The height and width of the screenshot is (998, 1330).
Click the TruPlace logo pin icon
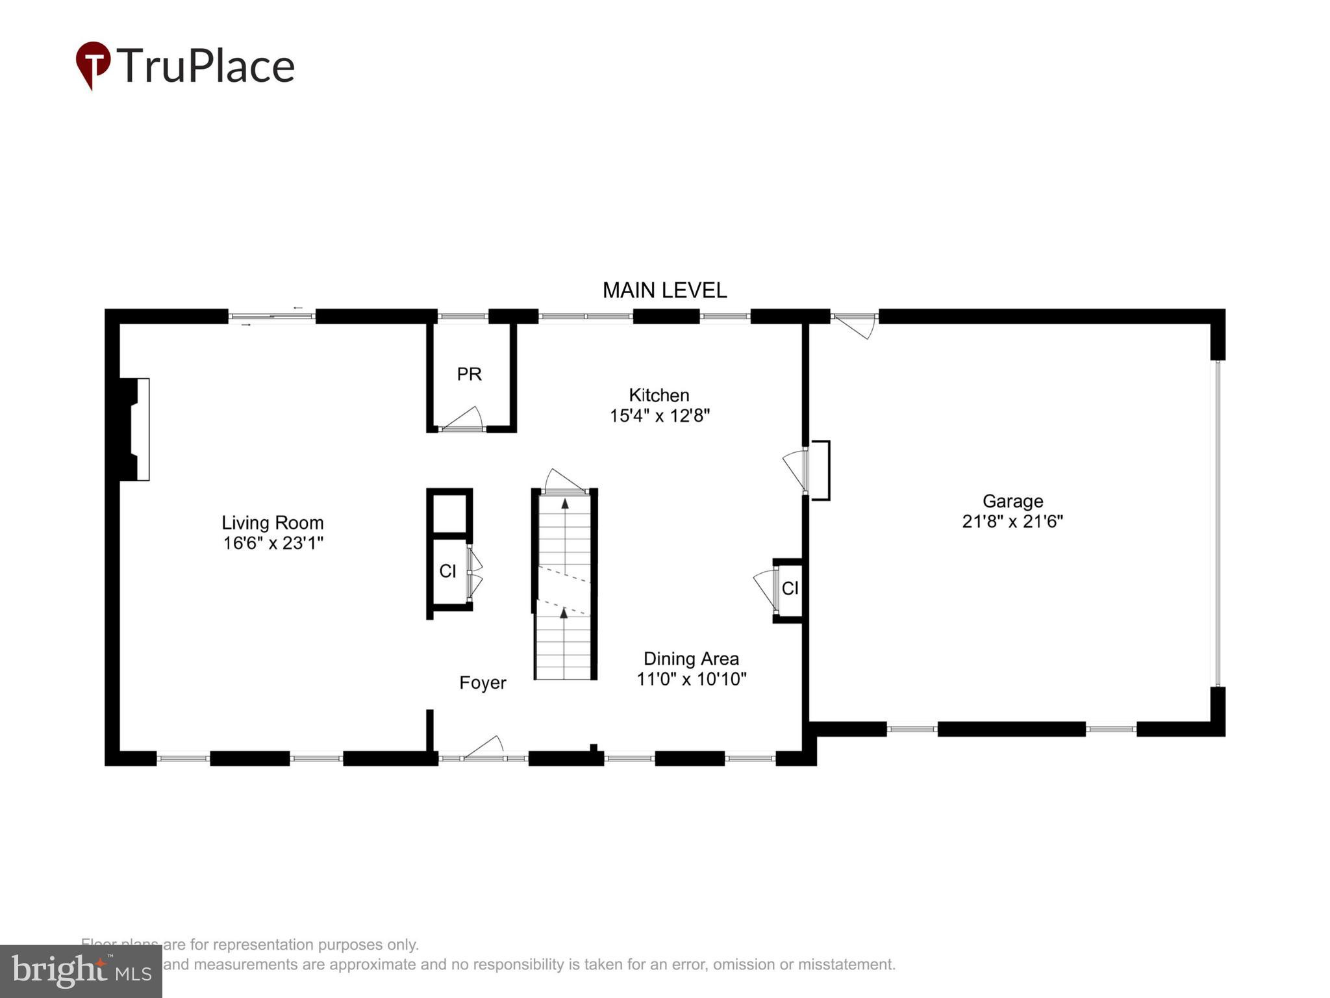click(x=94, y=64)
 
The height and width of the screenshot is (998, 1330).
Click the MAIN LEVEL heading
click(x=664, y=290)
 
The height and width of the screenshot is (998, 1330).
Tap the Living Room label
click(x=273, y=522)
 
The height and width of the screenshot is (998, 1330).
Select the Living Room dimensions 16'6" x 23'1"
click(x=273, y=543)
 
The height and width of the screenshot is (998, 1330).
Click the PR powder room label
click(x=469, y=374)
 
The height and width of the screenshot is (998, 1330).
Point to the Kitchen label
click(x=659, y=395)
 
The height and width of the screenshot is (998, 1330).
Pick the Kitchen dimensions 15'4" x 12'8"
click(x=659, y=416)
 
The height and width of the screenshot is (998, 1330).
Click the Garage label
click(x=1012, y=501)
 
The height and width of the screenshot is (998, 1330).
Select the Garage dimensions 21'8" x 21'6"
click(x=1012, y=522)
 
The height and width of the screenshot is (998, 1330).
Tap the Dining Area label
click(x=691, y=659)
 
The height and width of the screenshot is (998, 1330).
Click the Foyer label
click(x=483, y=683)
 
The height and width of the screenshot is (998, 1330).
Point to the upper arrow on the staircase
click(x=564, y=504)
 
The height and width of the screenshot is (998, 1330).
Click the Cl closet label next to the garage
click(x=790, y=589)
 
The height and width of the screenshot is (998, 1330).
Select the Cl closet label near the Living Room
click(x=447, y=571)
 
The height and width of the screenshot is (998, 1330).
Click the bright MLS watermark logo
click(x=81, y=971)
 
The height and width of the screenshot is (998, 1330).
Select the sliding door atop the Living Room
click(x=271, y=316)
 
